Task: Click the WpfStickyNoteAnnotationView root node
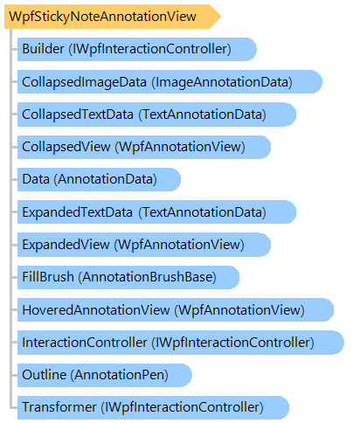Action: [113, 17]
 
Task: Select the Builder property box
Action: [137, 49]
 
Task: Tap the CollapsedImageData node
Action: [170, 82]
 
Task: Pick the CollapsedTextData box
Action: [156, 114]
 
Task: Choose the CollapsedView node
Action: [144, 147]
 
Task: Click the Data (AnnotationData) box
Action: [99, 179]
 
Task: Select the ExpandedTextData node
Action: [156, 212]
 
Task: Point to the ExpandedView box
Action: [144, 245]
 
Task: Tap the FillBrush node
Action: [128, 277]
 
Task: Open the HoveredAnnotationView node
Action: [176, 310]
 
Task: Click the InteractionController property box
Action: [181, 343]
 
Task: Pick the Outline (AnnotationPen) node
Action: [105, 375]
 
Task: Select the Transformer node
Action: [153, 407]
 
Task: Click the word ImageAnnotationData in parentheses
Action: [222, 82]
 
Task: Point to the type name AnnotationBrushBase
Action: [148, 277]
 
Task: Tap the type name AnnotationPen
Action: [120, 375]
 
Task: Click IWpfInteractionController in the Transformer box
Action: [182, 407]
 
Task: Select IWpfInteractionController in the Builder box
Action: [150, 49]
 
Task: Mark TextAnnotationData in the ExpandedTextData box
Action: [203, 212]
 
